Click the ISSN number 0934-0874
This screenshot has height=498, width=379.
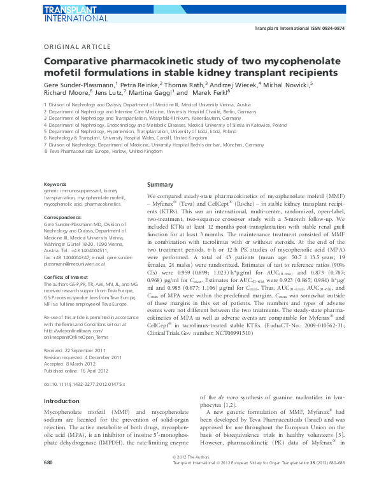pyautogui.click(x=347, y=29)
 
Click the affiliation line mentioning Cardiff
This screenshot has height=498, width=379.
pyautogui.click(x=125, y=137)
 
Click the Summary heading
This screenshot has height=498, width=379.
pyautogui.click(x=161, y=184)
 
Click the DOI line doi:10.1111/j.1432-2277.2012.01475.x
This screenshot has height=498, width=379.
pyautogui.click(x=85, y=385)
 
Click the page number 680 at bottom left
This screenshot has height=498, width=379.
pyautogui.click(x=49, y=479)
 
